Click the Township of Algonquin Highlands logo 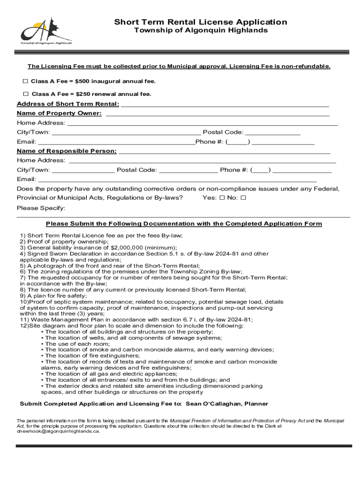point(46,31)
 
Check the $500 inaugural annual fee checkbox point(25,81)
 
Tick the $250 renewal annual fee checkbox point(25,94)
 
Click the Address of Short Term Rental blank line point(224,104)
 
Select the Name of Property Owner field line point(217,114)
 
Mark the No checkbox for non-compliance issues point(243,198)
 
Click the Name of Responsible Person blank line point(224,151)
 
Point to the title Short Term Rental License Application point(201,22)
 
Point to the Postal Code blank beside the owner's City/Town point(273,132)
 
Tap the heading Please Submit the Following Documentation point(184,224)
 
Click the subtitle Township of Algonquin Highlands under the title point(201,31)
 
